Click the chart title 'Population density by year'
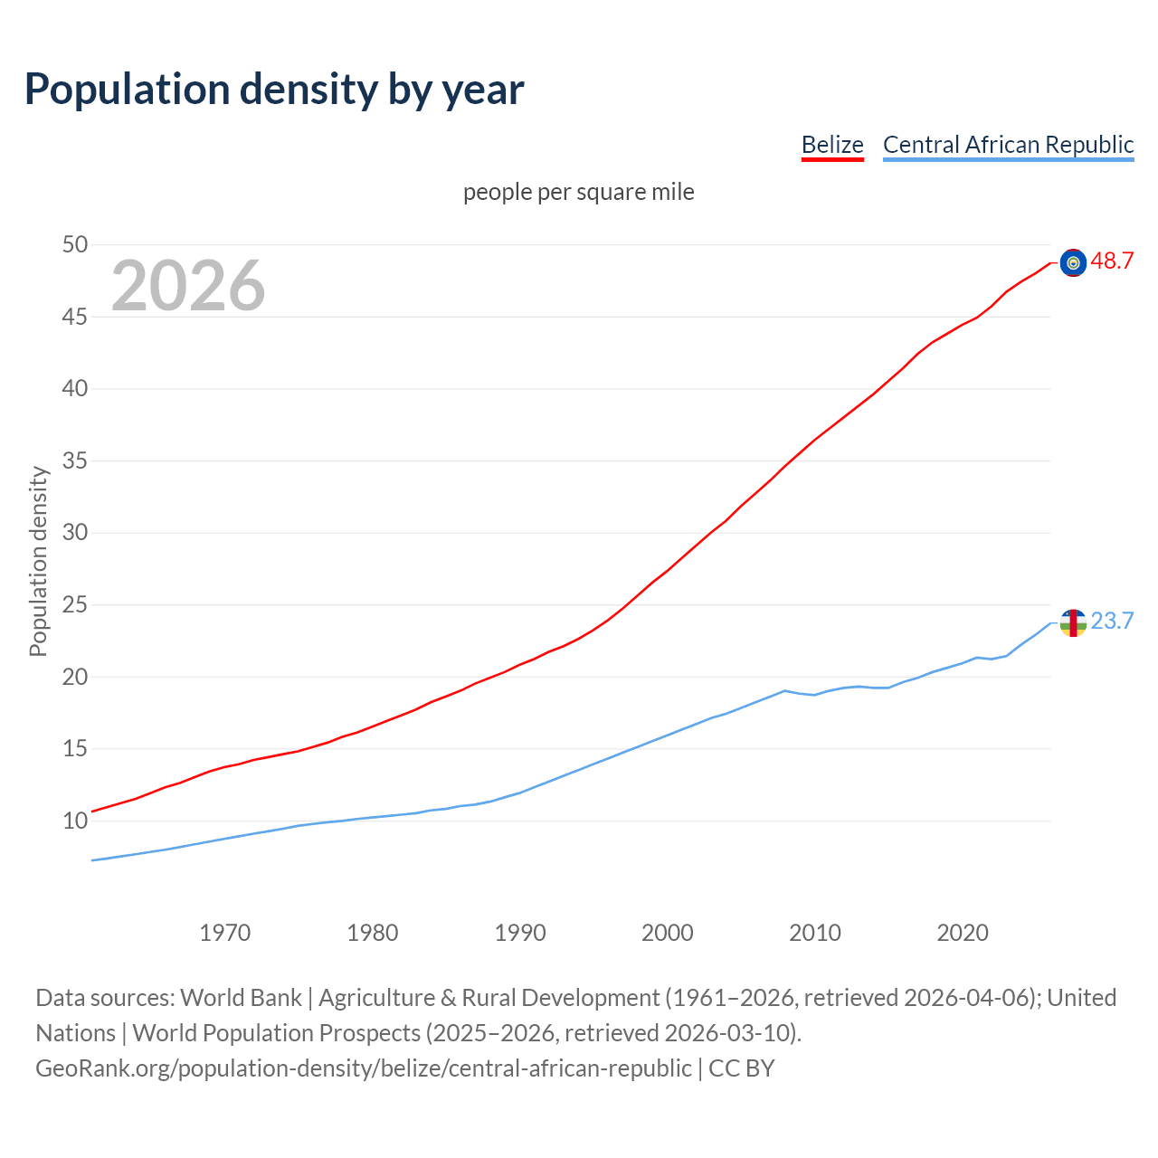point(274,90)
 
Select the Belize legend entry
point(832,145)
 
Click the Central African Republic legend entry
point(1008,145)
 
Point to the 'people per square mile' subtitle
point(579,192)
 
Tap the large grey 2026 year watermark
point(188,286)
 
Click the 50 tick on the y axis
point(75,244)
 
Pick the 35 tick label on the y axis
point(75,460)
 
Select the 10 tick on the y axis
point(75,821)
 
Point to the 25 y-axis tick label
point(75,604)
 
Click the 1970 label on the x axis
point(225,933)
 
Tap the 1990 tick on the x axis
point(520,933)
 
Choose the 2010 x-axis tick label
point(815,933)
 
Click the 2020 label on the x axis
point(963,933)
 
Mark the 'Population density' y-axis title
point(38,561)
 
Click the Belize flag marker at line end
point(1073,262)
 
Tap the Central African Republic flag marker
point(1073,622)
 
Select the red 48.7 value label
point(1112,261)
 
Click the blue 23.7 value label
point(1112,622)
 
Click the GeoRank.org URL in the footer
point(363,1068)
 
